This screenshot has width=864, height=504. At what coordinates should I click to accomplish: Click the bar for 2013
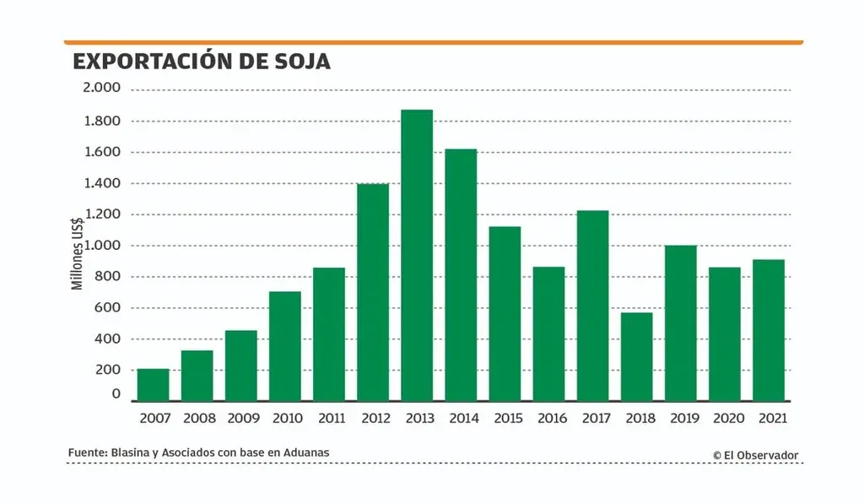pyautogui.click(x=417, y=255)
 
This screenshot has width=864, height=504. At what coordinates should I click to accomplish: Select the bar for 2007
pyautogui.click(x=153, y=384)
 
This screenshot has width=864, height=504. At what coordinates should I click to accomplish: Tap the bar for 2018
pyautogui.click(x=636, y=356)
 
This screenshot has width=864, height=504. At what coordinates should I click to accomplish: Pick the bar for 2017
pyautogui.click(x=592, y=306)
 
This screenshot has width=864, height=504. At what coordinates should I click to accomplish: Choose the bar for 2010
pyautogui.click(x=285, y=346)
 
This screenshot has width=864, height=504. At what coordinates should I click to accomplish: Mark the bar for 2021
pyautogui.click(x=769, y=330)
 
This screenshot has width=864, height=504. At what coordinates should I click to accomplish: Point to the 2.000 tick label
pyautogui.click(x=101, y=88)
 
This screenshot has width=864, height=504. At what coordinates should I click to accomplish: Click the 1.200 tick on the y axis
pyautogui.click(x=101, y=214)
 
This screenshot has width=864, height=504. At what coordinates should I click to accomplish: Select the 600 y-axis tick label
pyautogui.click(x=108, y=308)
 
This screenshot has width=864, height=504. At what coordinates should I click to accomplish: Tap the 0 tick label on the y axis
pyautogui.click(x=116, y=394)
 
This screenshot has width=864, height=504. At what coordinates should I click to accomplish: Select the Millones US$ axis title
pyautogui.click(x=77, y=253)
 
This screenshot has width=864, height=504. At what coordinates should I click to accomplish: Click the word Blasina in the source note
pyautogui.click(x=128, y=453)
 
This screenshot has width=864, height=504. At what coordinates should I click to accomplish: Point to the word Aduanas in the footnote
pyautogui.click(x=306, y=453)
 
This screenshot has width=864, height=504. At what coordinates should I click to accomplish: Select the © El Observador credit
pyautogui.click(x=755, y=455)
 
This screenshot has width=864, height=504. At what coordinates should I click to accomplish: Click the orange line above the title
pyautogui.click(x=433, y=41)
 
